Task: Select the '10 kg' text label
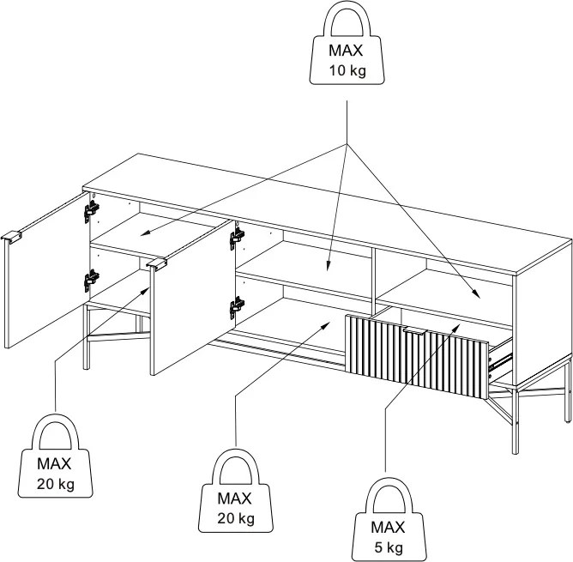click(347, 70)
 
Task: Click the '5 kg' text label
click(389, 547)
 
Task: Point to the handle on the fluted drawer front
click(415, 331)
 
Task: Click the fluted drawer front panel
click(417, 357)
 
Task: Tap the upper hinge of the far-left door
click(92, 211)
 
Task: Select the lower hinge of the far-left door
click(92, 280)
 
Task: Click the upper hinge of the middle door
click(237, 239)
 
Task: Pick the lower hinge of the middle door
click(237, 307)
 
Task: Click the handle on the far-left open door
click(11, 237)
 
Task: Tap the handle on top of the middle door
click(157, 264)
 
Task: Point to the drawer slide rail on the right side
click(501, 360)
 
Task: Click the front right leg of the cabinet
click(516, 421)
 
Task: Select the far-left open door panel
click(46, 270)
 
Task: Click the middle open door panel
click(192, 297)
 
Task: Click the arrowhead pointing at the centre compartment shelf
click(329, 265)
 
